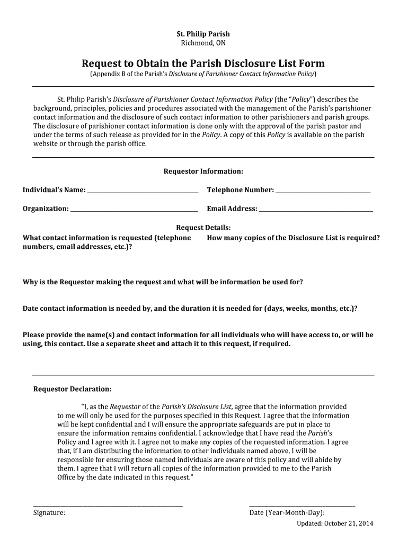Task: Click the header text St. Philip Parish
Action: pyautogui.click(x=203, y=34)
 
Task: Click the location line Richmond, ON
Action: pyautogui.click(x=203, y=43)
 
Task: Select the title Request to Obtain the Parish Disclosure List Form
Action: pyautogui.click(x=203, y=64)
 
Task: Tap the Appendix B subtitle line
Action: pyautogui.click(x=203, y=74)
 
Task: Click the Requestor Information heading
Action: pyautogui.click(x=203, y=171)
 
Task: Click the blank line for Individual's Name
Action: pyautogui.click(x=143, y=191)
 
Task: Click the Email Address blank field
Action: pyautogui.click(x=316, y=209)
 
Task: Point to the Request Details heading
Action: pyautogui.click(x=203, y=228)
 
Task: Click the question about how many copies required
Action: pyautogui.click(x=293, y=238)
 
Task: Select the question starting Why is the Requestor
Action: pyautogui.click(x=163, y=282)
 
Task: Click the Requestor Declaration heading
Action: pyautogui.click(x=73, y=389)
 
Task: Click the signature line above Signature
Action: pyautogui.click(x=108, y=506)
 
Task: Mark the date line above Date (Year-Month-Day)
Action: pyautogui.click(x=302, y=506)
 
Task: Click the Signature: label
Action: pyautogui.click(x=49, y=513)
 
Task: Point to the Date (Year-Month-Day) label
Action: pyautogui.click(x=287, y=513)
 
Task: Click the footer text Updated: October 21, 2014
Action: pyautogui.click(x=335, y=523)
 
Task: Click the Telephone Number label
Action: pyautogui.click(x=240, y=190)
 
